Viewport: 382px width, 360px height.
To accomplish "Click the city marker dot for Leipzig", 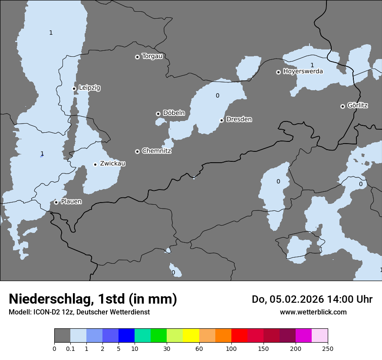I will (74, 88).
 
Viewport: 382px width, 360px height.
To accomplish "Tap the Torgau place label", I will (152, 56).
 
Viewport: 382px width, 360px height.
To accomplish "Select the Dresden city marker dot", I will (221, 120).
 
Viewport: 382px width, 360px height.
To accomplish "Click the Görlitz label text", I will (358, 105).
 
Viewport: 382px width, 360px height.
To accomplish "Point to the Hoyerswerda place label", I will (303, 71).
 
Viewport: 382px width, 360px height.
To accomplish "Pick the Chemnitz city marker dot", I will (137, 151).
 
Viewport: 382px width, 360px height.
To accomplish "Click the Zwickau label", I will (112, 164).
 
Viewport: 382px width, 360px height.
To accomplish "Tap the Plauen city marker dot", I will (56, 202).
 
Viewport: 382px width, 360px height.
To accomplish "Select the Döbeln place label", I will (174, 113).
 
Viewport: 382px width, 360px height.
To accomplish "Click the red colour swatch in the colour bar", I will (239, 336).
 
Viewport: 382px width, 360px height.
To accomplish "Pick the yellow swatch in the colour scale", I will (191, 336).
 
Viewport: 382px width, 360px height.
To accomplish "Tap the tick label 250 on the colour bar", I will (328, 349).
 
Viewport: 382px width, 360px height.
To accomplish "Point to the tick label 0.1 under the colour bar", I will (70, 349).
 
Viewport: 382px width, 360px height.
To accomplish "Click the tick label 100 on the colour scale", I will (231, 349).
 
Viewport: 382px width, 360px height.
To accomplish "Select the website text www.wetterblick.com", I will (313, 312).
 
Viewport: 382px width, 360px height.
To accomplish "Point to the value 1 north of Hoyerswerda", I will (312, 65).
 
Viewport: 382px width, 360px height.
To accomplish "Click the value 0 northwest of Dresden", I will (217, 95).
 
